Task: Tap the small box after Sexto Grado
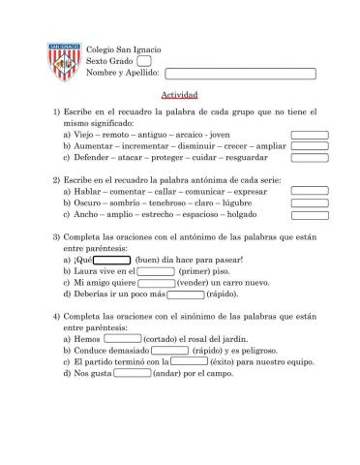(144, 60)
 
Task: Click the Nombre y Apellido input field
(240, 73)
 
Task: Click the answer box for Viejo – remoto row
(310, 136)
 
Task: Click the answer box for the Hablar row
(310, 193)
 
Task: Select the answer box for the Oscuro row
(310, 204)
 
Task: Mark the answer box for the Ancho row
(310, 216)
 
